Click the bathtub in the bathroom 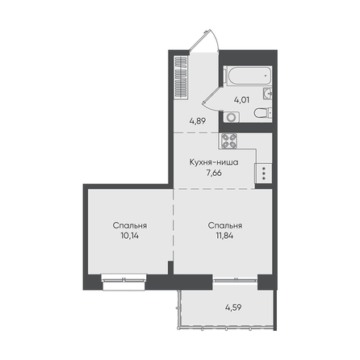(249, 76)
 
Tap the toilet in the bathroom (263, 113)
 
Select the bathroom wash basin (267, 94)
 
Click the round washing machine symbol (231, 117)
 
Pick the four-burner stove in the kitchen (229, 140)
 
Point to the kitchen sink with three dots (263, 174)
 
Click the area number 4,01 (241, 100)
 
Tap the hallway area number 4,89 (198, 121)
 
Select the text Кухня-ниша (214, 162)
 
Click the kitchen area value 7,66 (214, 173)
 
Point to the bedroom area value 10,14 (130, 236)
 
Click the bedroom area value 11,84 (224, 236)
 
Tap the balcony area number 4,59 (233, 308)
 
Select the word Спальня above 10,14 (130, 225)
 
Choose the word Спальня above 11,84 (225, 225)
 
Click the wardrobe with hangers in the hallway (181, 77)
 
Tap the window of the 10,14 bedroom (123, 280)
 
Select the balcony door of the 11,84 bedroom (235, 280)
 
